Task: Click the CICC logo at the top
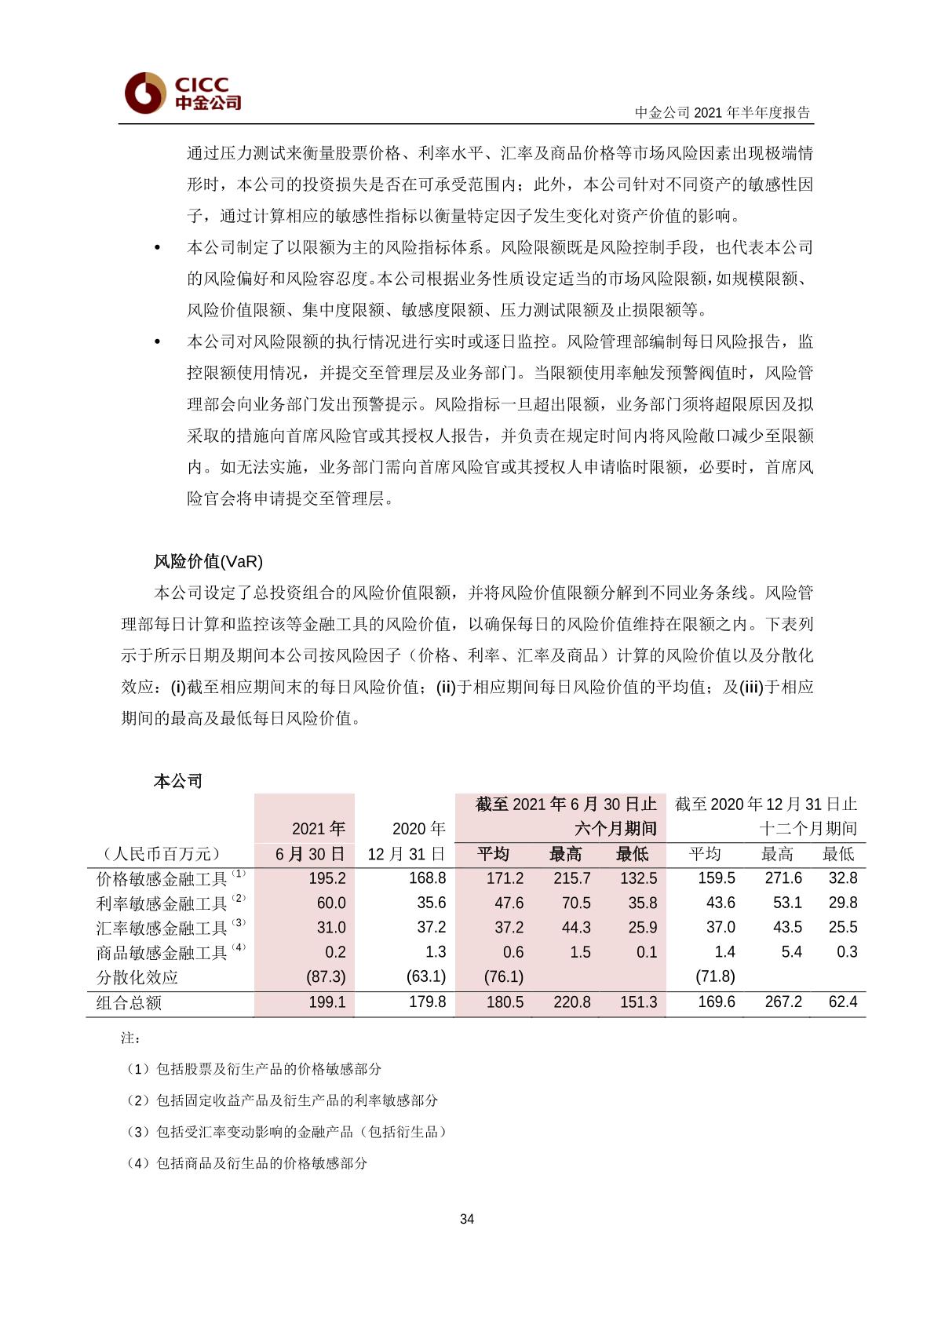(x=182, y=93)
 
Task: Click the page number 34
(x=467, y=1219)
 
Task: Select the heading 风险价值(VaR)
(x=208, y=561)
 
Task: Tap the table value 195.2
(x=327, y=878)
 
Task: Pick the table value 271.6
(x=783, y=878)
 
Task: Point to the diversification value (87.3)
(x=326, y=976)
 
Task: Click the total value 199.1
(x=327, y=1002)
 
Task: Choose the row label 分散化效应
(x=137, y=977)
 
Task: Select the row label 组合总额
(x=129, y=1002)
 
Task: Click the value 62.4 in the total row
(x=843, y=1002)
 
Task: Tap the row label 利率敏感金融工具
(x=162, y=903)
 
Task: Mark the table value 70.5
(x=576, y=903)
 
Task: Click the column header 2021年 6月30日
(x=311, y=841)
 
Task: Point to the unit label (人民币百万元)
(x=162, y=854)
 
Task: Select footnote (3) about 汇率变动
(x=286, y=1132)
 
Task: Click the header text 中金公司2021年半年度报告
(x=722, y=112)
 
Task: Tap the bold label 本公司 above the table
(x=178, y=781)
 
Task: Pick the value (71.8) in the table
(x=716, y=976)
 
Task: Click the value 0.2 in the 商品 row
(x=335, y=952)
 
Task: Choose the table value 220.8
(x=571, y=1002)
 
